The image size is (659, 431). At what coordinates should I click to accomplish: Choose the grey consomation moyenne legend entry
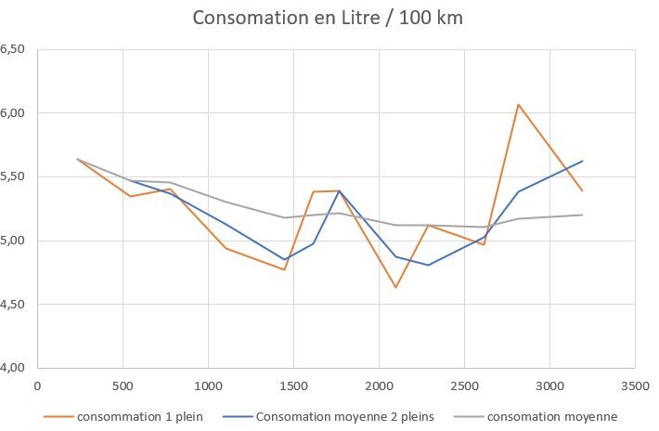click(x=550, y=415)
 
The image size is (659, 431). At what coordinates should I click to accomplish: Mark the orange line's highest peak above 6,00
click(x=518, y=104)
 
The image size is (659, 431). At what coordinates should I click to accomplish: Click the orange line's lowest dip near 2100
click(x=395, y=287)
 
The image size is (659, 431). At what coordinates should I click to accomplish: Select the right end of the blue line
click(x=582, y=161)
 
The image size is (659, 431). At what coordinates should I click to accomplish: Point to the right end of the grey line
click(x=582, y=215)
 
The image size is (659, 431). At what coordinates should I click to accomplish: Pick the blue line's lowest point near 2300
click(x=428, y=265)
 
